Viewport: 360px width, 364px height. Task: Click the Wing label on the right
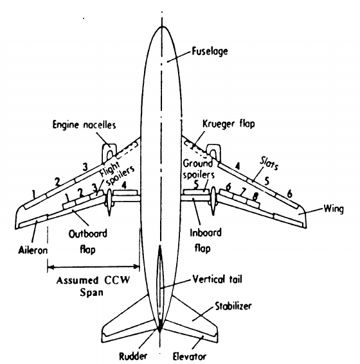[x=333, y=210]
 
